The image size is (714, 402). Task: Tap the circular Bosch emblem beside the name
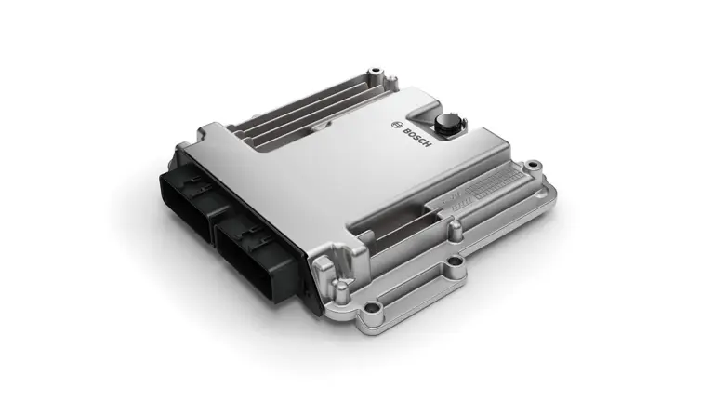click(x=397, y=125)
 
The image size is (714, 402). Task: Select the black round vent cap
click(x=445, y=122)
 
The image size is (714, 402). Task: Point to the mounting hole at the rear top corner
click(x=376, y=71)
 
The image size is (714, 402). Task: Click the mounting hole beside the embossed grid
click(x=532, y=165)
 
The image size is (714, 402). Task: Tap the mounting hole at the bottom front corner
click(x=374, y=308)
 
